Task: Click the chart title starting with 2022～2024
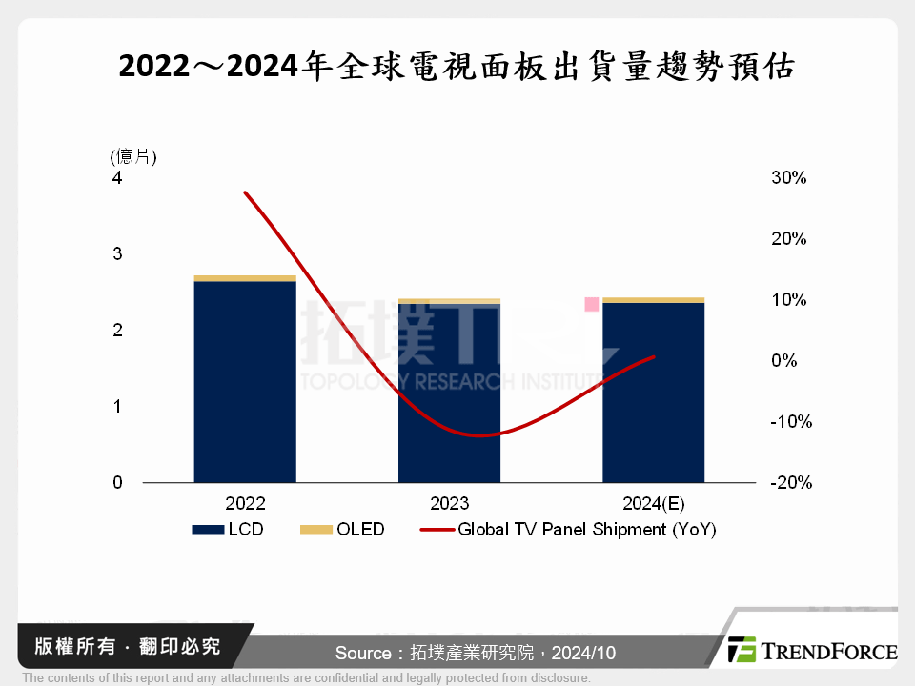[457, 68]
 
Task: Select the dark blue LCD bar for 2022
[245, 381]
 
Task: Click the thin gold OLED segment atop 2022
[245, 278]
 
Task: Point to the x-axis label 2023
[449, 504]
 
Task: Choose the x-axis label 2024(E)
[653, 504]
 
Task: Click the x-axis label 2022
[245, 504]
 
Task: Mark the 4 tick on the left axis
[117, 178]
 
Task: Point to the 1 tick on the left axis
[117, 407]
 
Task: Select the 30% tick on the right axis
[789, 178]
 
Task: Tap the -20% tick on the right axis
[791, 483]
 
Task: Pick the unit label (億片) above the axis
[132, 157]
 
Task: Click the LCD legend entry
[228, 529]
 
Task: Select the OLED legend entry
[342, 529]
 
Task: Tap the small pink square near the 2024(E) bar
[592, 304]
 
